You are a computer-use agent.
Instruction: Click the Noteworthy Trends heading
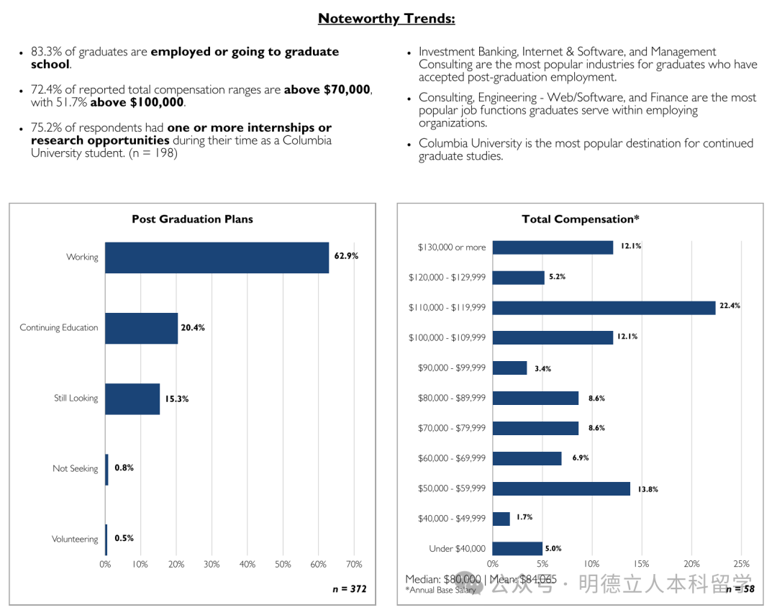coord(386,19)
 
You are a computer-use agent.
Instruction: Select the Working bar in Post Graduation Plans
coord(217,258)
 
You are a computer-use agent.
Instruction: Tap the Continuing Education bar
coord(141,328)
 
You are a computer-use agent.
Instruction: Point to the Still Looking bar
coord(132,398)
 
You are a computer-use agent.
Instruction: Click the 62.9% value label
coord(346,256)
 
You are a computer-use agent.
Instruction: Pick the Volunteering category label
coord(75,539)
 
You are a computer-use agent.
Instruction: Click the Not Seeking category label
coord(75,469)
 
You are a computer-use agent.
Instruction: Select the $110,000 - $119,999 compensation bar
coord(604,308)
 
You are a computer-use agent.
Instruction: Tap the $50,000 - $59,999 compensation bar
coord(561,488)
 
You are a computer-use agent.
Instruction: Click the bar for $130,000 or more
coord(553,247)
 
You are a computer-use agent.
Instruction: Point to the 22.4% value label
coord(730,306)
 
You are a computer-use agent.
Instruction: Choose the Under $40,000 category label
coord(457,549)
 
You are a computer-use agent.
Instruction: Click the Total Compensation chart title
coord(581,219)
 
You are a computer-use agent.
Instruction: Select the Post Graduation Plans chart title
coord(192,219)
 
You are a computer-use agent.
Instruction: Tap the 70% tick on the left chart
coord(354,565)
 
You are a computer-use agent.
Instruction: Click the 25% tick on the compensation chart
coord(741,565)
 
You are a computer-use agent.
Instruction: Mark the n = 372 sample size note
coord(349,589)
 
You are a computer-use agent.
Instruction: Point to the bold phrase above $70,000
coord(327,90)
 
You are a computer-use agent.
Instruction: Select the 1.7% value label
coord(524,516)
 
